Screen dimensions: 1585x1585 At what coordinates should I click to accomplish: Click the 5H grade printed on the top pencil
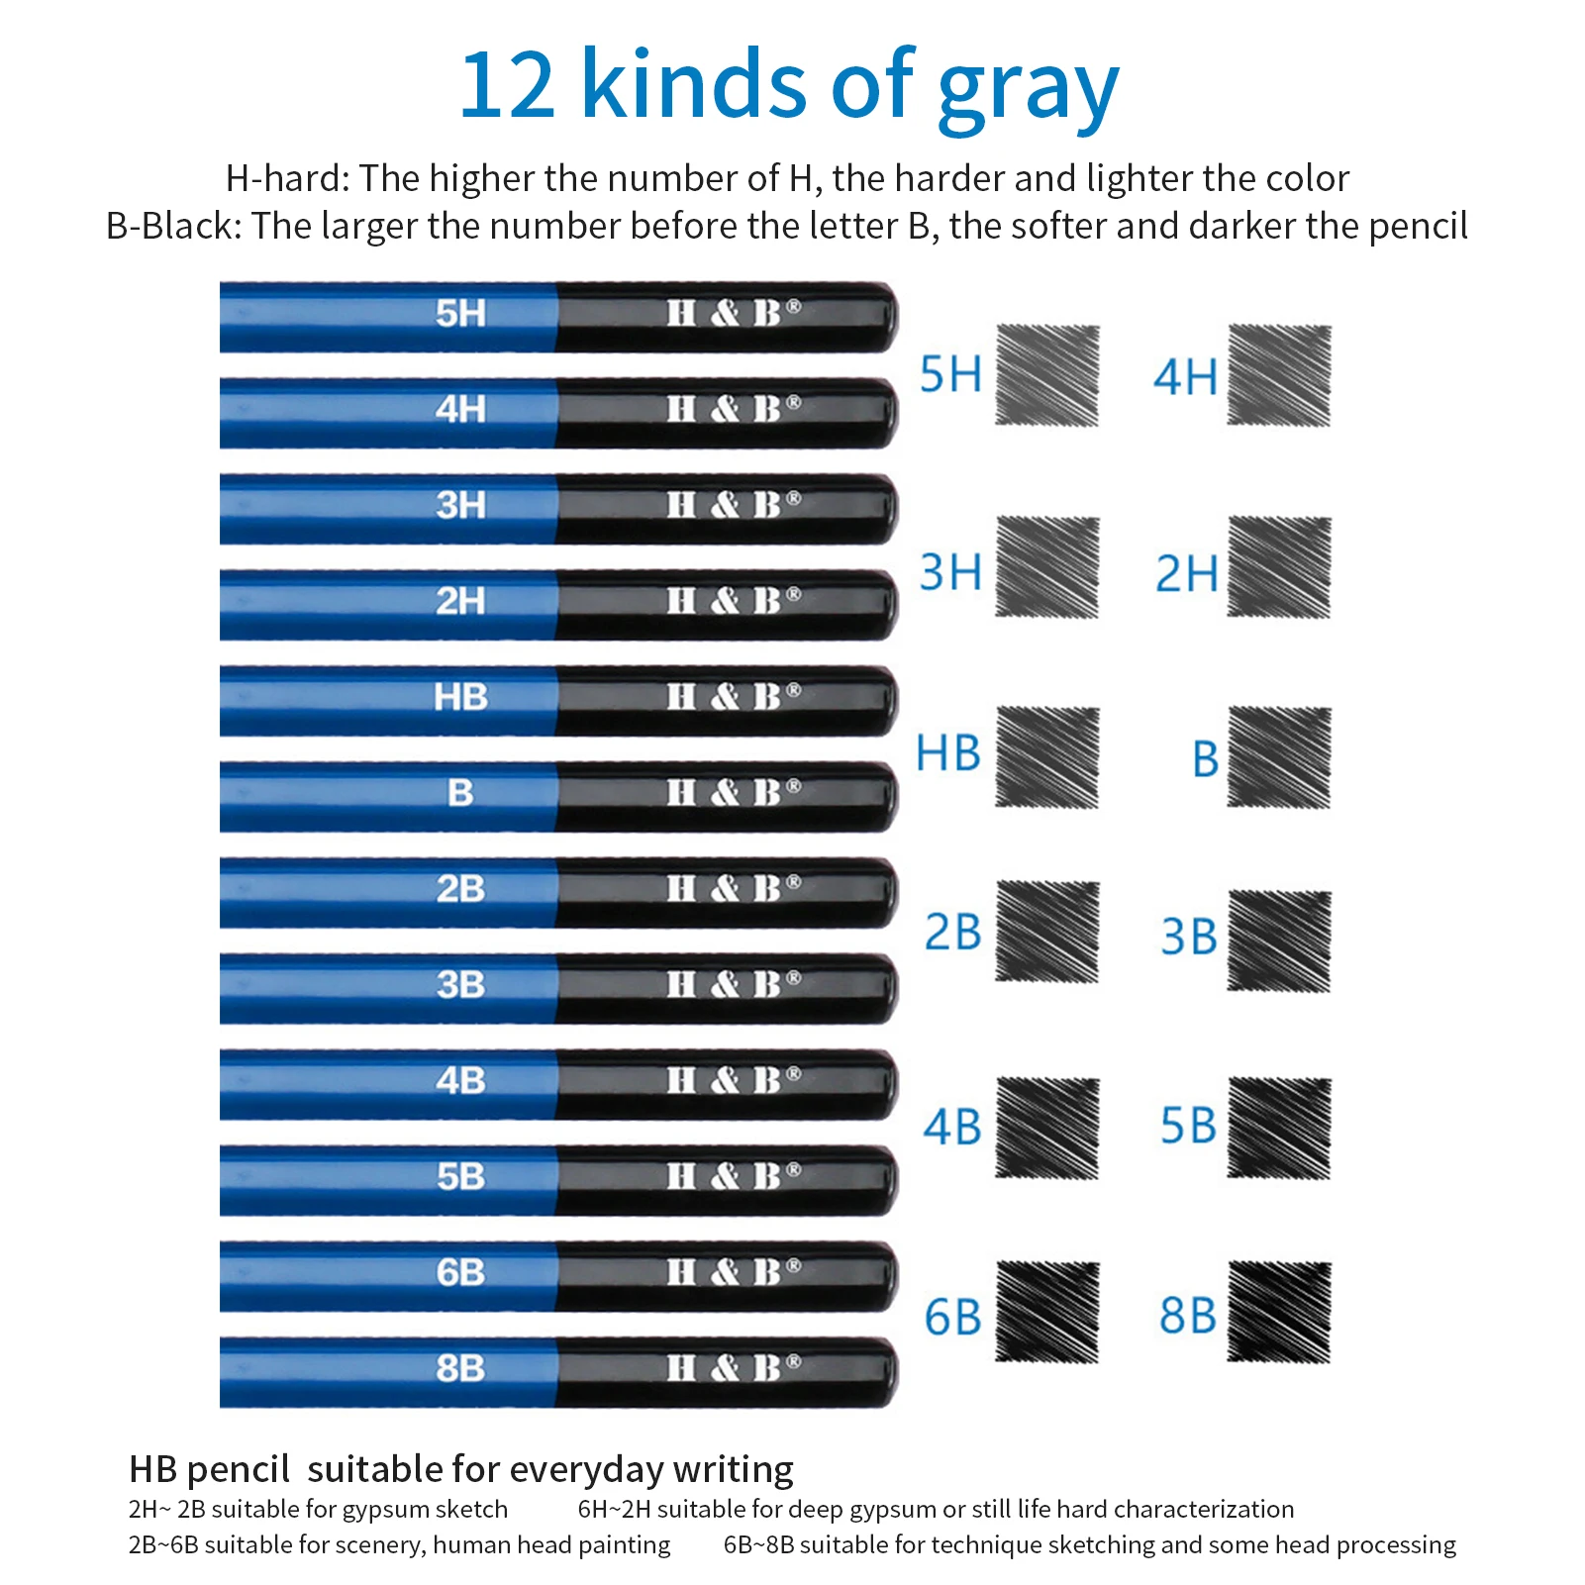[x=460, y=314]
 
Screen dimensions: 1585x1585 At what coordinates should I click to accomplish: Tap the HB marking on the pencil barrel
[x=460, y=697]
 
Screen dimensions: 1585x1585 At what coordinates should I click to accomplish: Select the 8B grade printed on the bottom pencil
[x=460, y=1368]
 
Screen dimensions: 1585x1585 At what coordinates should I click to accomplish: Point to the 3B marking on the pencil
[x=460, y=985]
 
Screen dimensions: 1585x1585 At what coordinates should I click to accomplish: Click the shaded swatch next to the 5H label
[x=1046, y=375]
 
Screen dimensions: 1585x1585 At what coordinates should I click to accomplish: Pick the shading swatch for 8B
[x=1278, y=1312]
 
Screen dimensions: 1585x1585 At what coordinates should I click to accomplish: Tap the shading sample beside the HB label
[x=1046, y=757]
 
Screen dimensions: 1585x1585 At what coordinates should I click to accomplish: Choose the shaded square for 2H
[x=1278, y=567]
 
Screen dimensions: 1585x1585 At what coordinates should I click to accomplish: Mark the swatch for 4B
[x=1046, y=1128]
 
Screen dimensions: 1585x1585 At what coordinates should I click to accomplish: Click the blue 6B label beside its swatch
[x=951, y=1318]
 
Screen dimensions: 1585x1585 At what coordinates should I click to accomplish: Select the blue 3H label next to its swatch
[x=949, y=572]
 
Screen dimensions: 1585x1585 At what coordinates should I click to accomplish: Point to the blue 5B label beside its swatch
[x=1187, y=1127]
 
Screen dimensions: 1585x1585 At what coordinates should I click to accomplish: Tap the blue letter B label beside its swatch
[x=1205, y=759]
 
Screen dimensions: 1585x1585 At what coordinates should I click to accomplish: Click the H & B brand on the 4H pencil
[x=733, y=409]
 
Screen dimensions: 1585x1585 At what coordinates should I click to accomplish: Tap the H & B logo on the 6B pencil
[x=733, y=1272]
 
